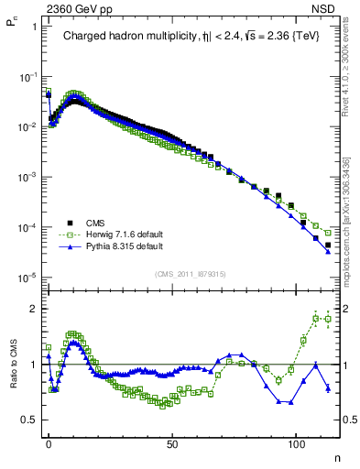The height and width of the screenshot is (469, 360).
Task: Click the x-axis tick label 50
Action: pyautogui.click(x=172, y=442)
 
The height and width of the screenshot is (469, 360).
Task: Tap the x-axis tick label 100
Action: pyautogui.click(x=296, y=442)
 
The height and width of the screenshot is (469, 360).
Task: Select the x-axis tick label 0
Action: pyautogui.click(x=49, y=442)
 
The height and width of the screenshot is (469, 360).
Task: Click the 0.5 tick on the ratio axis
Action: pyautogui.click(x=25, y=420)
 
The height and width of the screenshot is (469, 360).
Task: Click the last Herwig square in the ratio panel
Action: pyautogui.click(x=327, y=320)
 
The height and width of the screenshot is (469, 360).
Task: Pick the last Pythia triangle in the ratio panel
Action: pyautogui.click(x=327, y=388)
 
